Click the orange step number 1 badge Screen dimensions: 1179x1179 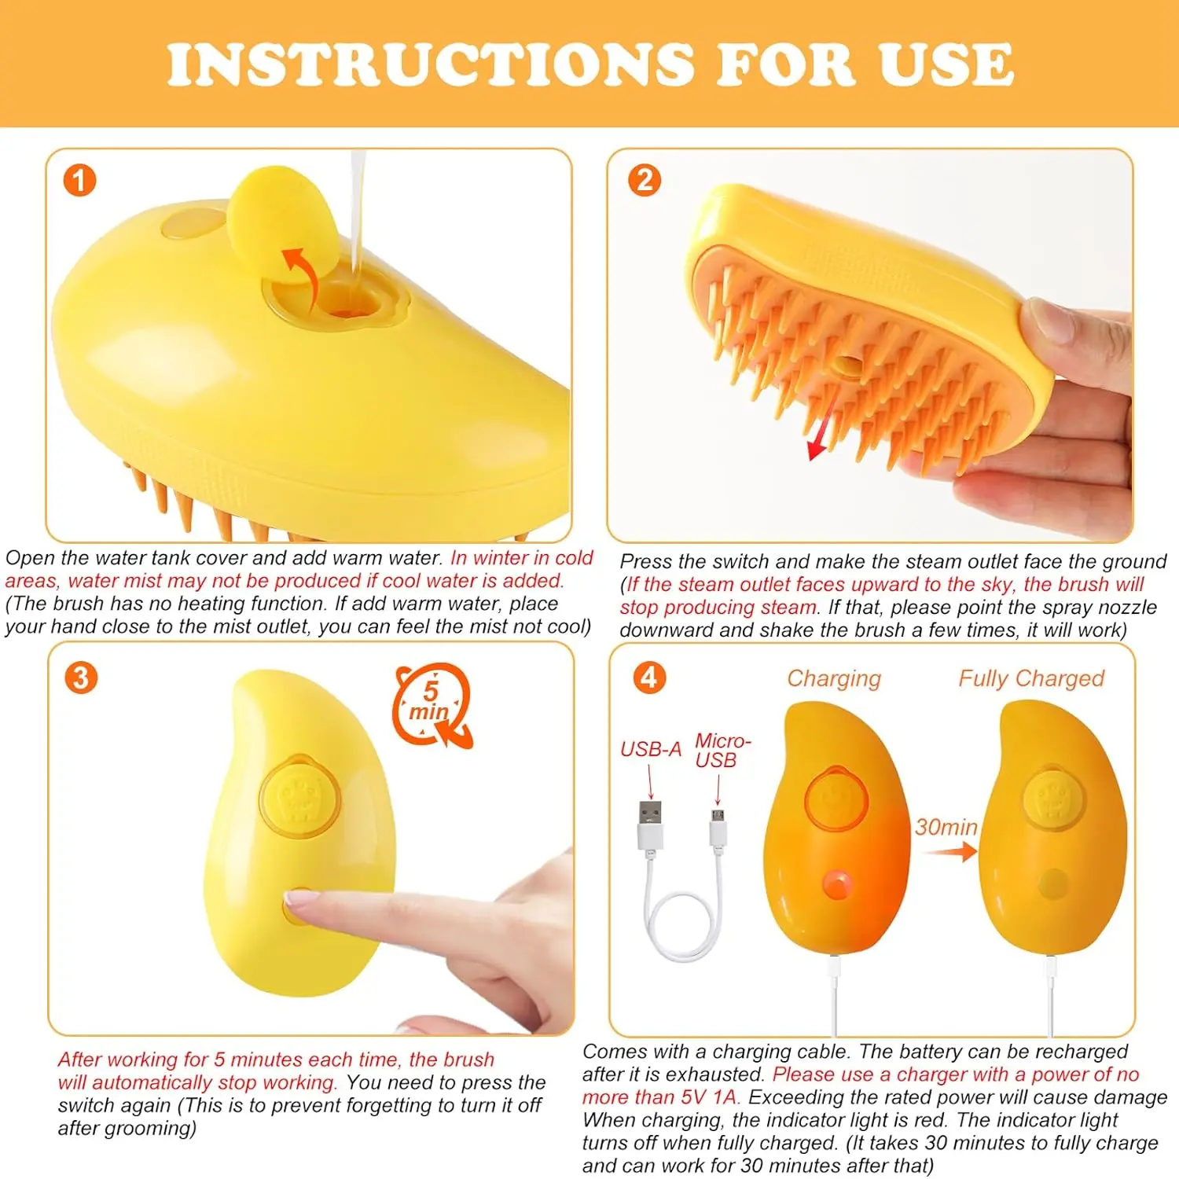coord(79,180)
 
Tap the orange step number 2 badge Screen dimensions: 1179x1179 coord(645,180)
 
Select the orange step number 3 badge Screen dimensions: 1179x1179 coord(81,678)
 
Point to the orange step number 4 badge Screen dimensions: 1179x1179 coord(649,677)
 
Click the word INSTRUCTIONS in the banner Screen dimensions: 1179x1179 coord(432,64)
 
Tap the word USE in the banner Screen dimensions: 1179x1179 coord(946,64)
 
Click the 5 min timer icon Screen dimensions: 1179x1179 coord(432,705)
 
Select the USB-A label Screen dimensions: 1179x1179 coord(650,749)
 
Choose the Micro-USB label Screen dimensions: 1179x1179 coord(722,750)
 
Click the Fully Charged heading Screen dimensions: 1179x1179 coord(1031,678)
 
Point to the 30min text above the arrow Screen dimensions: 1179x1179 coord(946,827)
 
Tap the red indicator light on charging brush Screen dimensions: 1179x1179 coord(836,884)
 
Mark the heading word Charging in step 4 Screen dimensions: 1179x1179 coord(834,679)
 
